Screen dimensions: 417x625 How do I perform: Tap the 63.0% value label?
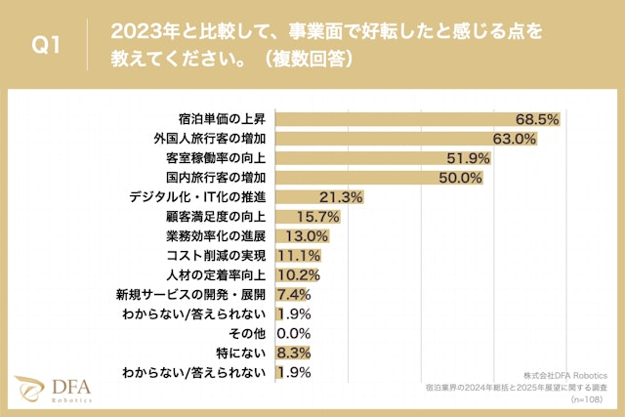[x=515, y=139]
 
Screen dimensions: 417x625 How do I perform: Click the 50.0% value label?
[x=461, y=178]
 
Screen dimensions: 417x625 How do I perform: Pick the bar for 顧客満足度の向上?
[x=294, y=216]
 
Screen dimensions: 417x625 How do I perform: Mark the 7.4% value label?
[x=294, y=294]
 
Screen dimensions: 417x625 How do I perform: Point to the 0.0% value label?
[x=294, y=333]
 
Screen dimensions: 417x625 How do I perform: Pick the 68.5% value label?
[x=537, y=119]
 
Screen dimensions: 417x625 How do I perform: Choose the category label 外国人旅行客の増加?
[x=214, y=139]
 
